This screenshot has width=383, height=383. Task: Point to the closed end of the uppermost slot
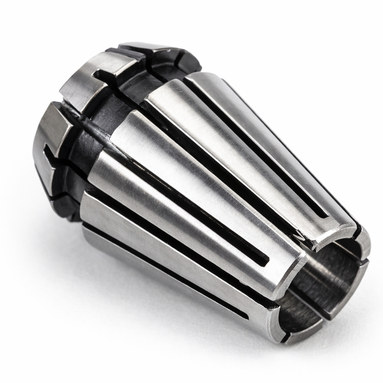click(324, 215)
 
